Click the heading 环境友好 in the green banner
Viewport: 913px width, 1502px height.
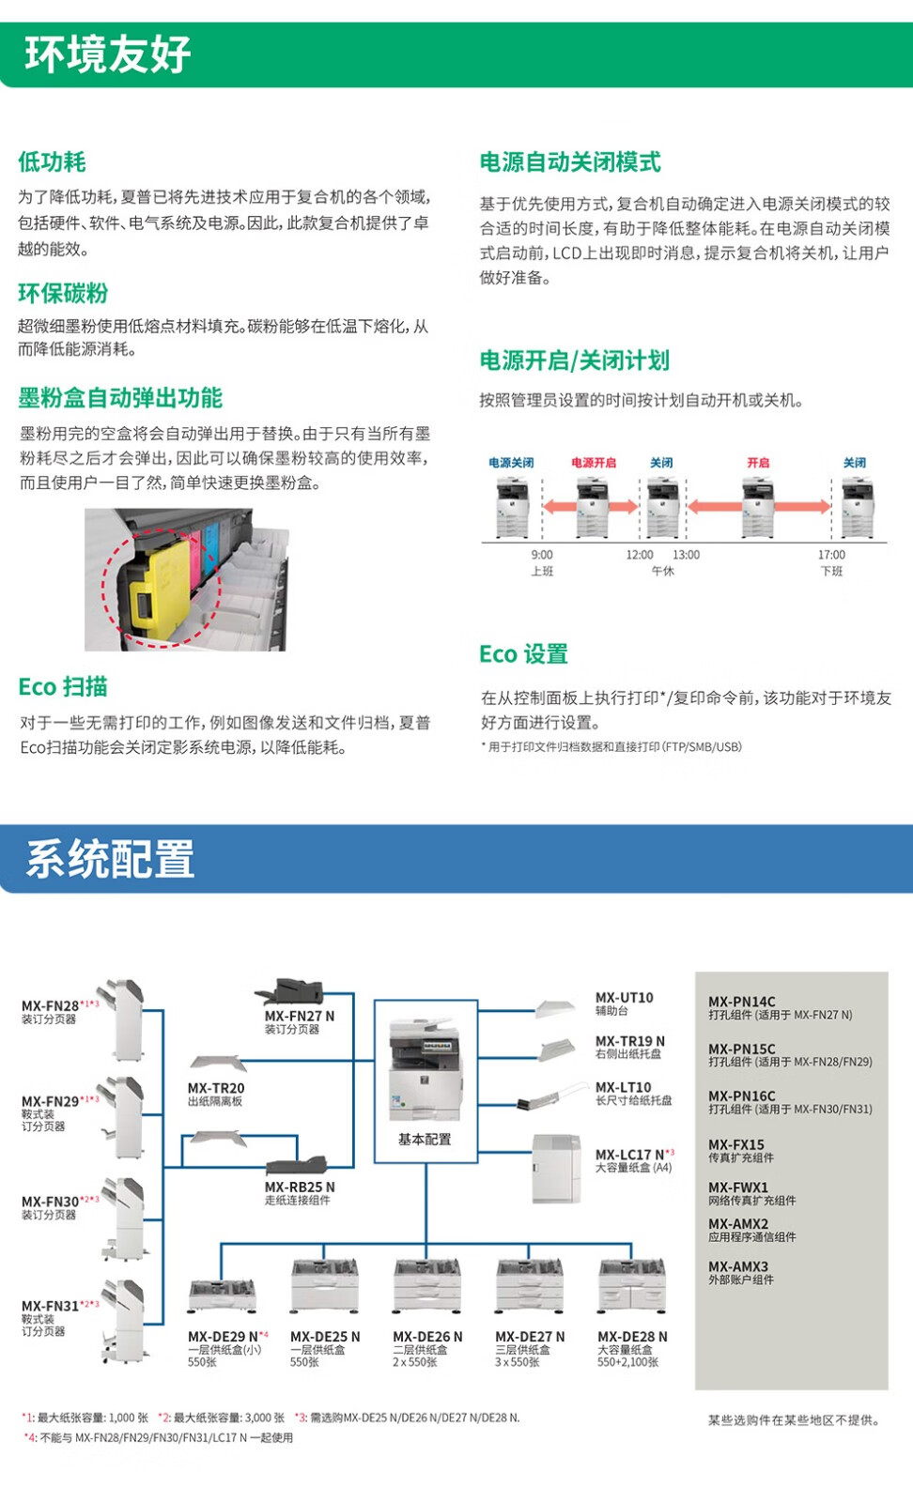pyautogui.click(x=108, y=54)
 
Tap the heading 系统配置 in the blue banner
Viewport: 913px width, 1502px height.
pyautogui.click(x=110, y=859)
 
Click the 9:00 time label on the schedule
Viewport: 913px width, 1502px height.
pyautogui.click(x=542, y=555)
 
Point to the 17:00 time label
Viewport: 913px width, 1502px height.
pyautogui.click(x=831, y=555)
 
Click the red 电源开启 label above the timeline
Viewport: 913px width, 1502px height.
pyautogui.click(x=594, y=463)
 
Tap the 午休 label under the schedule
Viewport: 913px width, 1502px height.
pyautogui.click(x=663, y=571)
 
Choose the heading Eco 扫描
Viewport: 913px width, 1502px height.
pyautogui.click(x=63, y=687)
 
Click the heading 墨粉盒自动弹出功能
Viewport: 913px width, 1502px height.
pyautogui.click(x=120, y=398)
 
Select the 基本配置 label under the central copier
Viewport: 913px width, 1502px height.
pyautogui.click(x=425, y=1139)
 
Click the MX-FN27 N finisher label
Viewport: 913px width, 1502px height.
pyautogui.click(x=299, y=1016)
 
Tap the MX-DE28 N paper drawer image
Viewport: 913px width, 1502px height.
pyautogui.click(x=631, y=1287)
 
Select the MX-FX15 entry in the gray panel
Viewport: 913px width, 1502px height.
pyautogui.click(x=736, y=1145)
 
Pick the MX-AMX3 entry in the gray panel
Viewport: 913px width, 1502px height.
pyautogui.click(x=738, y=1266)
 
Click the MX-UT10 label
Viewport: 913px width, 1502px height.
pyautogui.click(x=624, y=998)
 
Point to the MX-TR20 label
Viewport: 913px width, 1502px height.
pyautogui.click(x=215, y=1088)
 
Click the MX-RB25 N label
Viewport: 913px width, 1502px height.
pyautogui.click(x=299, y=1188)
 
